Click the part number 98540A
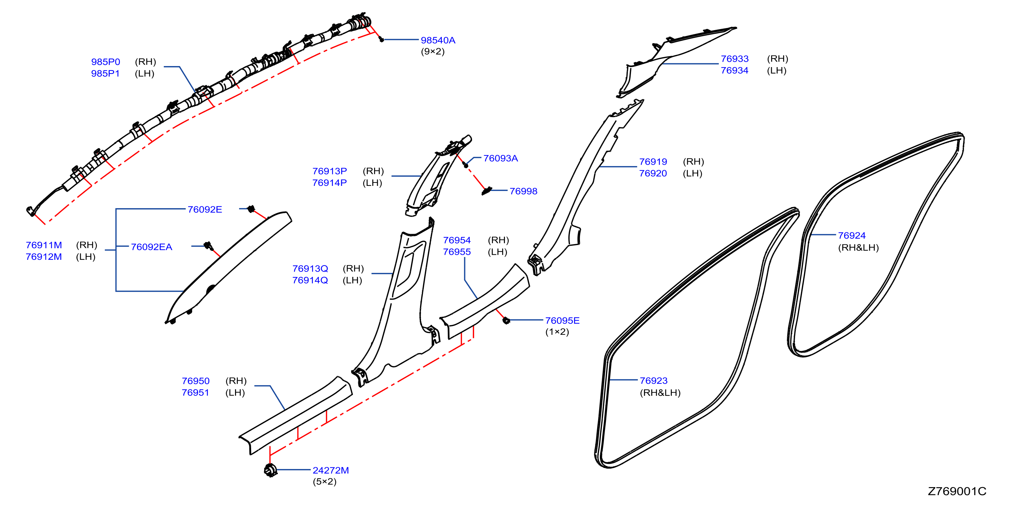pyautogui.click(x=438, y=40)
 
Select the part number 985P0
pyautogui.click(x=106, y=62)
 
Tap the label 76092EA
pyautogui.click(x=151, y=247)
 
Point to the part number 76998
pyautogui.click(x=523, y=191)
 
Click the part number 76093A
pyautogui.click(x=500, y=158)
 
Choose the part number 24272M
pyautogui.click(x=331, y=470)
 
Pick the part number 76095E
pyautogui.click(x=562, y=320)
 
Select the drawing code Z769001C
pyautogui.click(x=957, y=491)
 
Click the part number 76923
pyautogui.click(x=654, y=381)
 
